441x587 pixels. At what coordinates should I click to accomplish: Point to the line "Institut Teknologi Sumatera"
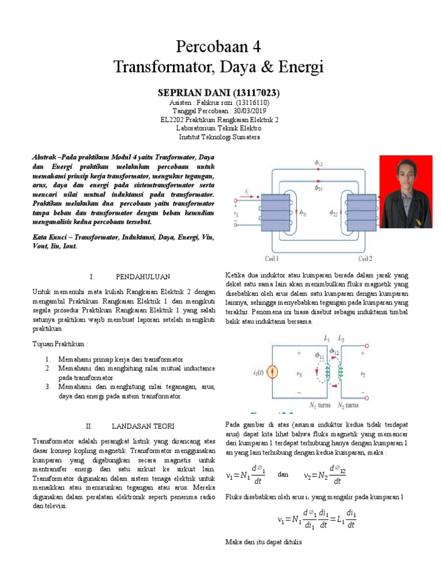coord(219,138)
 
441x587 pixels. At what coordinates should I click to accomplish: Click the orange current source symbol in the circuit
coord(273,373)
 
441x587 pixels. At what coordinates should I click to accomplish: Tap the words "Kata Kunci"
coord(49,236)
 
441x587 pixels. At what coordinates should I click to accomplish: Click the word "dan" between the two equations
coord(283,475)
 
